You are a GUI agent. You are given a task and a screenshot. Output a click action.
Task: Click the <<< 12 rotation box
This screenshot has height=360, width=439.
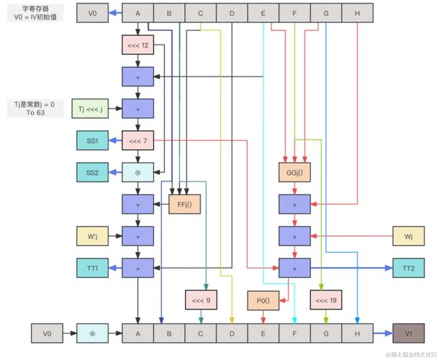pyautogui.click(x=137, y=45)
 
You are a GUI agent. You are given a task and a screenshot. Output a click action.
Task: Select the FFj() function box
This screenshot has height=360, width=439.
pyautogui.click(x=184, y=204)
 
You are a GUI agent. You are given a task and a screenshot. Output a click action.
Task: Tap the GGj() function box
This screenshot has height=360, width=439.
pyautogui.click(x=294, y=172)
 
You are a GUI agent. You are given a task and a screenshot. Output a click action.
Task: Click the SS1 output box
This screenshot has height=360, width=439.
pyautogui.click(x=92, y=141)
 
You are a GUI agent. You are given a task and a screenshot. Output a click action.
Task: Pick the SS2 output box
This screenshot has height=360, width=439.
pyautogui.click(x=92, y=172)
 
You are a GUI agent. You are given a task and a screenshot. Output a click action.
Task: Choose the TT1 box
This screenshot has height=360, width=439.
pyautogui.click(x=92, y=267)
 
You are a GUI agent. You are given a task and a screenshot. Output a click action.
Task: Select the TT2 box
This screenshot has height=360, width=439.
pyautogui.click(x=408, y=267)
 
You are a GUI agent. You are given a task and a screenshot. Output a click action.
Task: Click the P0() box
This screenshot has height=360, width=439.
pyautogui.click(x=263, y=300)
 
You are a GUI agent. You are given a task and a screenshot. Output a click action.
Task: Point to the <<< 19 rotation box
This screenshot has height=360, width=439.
pyautogui.click(x=326, y=300)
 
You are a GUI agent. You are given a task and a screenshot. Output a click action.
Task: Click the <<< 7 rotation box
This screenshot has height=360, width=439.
pyautogui.click(x=137, y=141)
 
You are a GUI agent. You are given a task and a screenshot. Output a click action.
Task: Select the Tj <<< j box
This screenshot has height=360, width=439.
pyautogui.click(x=92, y=109)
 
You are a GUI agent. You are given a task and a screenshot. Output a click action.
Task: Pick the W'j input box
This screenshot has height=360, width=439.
pyautogui.click(x=92, y=235)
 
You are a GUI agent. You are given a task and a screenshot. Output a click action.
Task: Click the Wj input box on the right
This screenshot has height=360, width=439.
pyautogui.click(x=408, y=235)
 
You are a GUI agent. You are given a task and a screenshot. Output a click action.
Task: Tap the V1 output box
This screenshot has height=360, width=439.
pyautogui.click(x=408, y=333)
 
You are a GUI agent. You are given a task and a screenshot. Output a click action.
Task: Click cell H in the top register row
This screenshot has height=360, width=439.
pyautogui.click(x=358, y=13)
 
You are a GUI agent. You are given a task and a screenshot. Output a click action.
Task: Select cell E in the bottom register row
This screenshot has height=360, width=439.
pyautogui.click(x=263, y=333)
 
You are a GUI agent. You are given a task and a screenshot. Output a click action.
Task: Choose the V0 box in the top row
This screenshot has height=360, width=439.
pyautogui.click(x=92, y=13)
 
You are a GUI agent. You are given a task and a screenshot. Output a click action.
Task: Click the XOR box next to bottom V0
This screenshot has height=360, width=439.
pyautogui.click(x=92, y=333)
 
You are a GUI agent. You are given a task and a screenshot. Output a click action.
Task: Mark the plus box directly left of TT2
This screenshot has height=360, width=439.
pyautogui.click(x=294, y=267)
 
